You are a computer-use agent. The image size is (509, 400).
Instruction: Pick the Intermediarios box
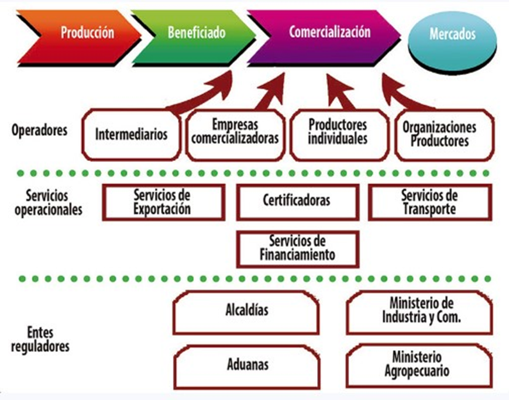coord(131,134)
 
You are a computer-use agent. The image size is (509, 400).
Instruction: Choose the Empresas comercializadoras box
coord(236,134)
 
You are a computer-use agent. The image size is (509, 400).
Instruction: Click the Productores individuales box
coord(338,134)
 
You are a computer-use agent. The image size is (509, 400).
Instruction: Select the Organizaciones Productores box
coord(443,134)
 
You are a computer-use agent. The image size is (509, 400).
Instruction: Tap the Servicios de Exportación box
coord(163,202)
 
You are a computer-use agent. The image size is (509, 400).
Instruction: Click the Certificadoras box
coord(297,201)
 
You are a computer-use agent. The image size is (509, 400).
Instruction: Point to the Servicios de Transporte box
coord(429,202)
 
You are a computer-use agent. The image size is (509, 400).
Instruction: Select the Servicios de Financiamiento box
coord(297,248)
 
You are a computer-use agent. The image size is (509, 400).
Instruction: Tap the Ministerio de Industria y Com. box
coord(419,311)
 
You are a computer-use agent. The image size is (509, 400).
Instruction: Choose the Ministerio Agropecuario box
coord(419,364)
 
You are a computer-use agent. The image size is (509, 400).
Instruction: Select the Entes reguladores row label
coord(47,339)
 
